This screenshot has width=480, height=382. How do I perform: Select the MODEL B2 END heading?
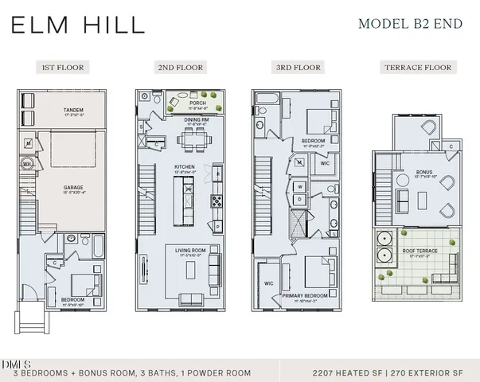pos(410,23)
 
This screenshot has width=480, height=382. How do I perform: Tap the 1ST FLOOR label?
pos(62,68)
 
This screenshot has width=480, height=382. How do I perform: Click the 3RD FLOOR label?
pos(299,68)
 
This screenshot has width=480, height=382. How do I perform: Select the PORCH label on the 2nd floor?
pos(197,103)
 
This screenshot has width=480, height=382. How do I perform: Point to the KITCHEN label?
pos(185,167)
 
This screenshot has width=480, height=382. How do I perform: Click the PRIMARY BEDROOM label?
pos(306,296)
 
